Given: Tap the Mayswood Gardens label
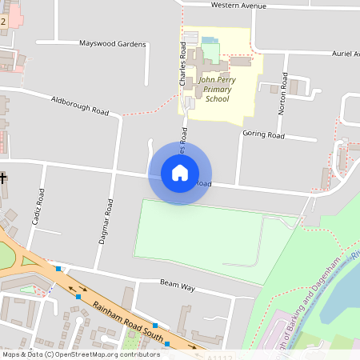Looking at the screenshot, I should coord(113,44).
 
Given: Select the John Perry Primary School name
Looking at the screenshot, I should coord(217,90).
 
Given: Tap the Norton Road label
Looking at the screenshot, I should coord(282,94).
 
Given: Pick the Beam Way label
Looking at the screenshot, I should coord(178,284).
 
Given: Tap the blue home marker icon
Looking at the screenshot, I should coord(180,173).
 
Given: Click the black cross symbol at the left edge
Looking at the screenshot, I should coord(3,177).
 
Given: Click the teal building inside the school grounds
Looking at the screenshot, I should coord(209,40).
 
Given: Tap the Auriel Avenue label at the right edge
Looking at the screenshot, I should coord(346,54).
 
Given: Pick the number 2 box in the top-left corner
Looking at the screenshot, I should coord(3,22).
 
